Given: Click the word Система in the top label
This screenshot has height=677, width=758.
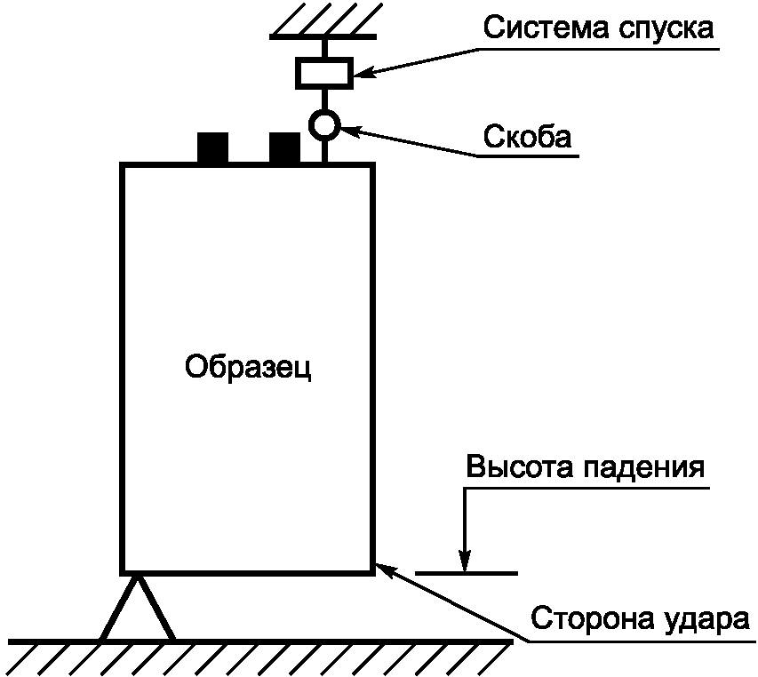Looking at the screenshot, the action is (547, 28).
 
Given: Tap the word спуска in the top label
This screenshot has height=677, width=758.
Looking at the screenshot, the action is (666, 30).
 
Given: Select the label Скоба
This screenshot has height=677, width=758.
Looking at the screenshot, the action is (528, 136).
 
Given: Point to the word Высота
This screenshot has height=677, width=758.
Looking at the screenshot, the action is (520, 466).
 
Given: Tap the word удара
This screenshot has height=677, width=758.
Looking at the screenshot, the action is (706, 619).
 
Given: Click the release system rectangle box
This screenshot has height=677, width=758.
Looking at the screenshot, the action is (324, 73).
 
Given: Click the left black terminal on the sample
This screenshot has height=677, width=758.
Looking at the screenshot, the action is (212, 147).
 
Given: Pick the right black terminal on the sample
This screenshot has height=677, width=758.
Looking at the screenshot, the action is (284, 147).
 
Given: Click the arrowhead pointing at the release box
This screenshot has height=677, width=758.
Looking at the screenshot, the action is (363, 74).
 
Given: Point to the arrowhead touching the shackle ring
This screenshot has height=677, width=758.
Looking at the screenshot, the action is (350, 131).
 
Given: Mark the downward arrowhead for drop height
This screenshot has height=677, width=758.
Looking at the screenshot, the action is (465, 561).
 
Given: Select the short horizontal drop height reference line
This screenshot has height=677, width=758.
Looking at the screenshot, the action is (467, 573).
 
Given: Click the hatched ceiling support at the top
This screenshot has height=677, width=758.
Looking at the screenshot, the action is (323, 20).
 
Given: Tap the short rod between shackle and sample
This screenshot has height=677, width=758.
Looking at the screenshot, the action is (325, 151).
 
